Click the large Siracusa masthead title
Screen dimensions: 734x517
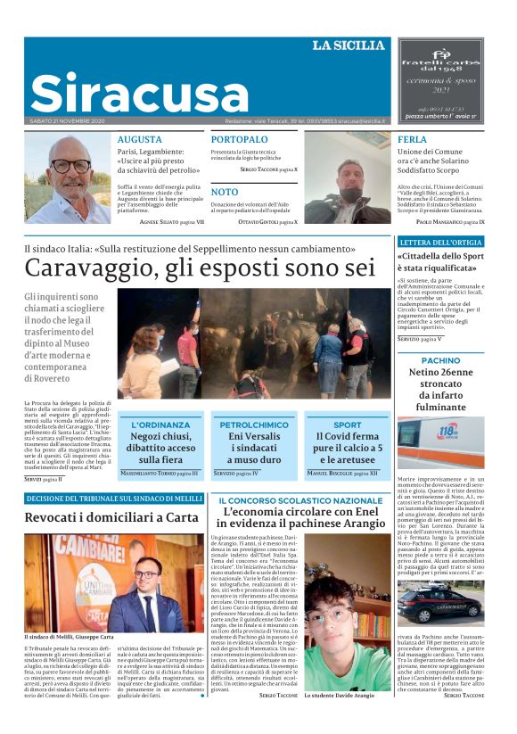(138, 94)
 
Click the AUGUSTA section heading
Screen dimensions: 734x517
(139, 140)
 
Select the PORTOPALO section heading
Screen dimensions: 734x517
(240, 140)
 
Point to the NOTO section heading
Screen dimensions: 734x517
(225, 192)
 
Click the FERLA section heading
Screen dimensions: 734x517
(412, 140)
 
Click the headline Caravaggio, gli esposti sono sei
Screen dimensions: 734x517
(200, 267)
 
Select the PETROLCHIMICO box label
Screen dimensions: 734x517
(253, 425)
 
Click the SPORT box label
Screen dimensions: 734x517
(348, 425)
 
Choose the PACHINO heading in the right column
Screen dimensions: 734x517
(440, 360)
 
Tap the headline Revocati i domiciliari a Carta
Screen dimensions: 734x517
(111, 517)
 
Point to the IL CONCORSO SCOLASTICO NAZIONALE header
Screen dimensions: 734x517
(300, 500)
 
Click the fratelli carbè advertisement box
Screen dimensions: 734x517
(452, 80)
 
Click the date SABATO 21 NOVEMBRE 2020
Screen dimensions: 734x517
(67, 120)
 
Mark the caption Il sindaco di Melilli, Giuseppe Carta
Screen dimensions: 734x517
(70, 637)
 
